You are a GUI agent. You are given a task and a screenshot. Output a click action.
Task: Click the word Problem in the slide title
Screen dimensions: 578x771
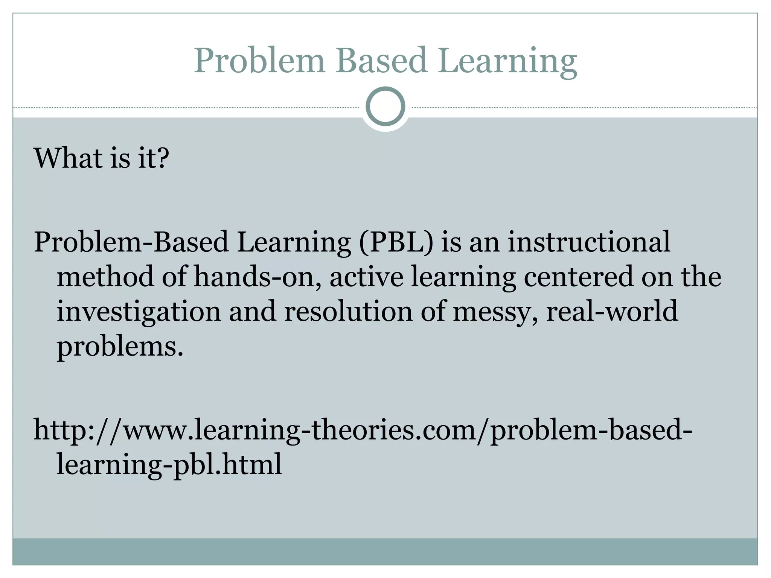click(x=259, y=61)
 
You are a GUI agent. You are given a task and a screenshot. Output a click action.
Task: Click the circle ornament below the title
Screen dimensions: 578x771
click(x=385, y=106)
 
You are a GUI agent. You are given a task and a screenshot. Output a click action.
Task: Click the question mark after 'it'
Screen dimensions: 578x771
click(x=162, y=158)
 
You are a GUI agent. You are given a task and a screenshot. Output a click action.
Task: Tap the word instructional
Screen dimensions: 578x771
click(x=589, y=242)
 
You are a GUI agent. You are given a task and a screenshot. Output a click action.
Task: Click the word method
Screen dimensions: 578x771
click(x=105, y=277)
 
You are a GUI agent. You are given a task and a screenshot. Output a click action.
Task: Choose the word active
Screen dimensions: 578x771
click(x=366, y=277)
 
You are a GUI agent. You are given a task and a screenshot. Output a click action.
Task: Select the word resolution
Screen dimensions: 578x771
click(x=348, y=312)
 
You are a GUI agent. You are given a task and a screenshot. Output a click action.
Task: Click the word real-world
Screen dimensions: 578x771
click(x=612, y=312)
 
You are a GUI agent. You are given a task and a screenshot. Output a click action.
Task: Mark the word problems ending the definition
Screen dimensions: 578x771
click(x=119, y=347)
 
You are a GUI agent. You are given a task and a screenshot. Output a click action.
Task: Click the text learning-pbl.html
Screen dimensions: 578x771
click(x=169, y=464)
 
